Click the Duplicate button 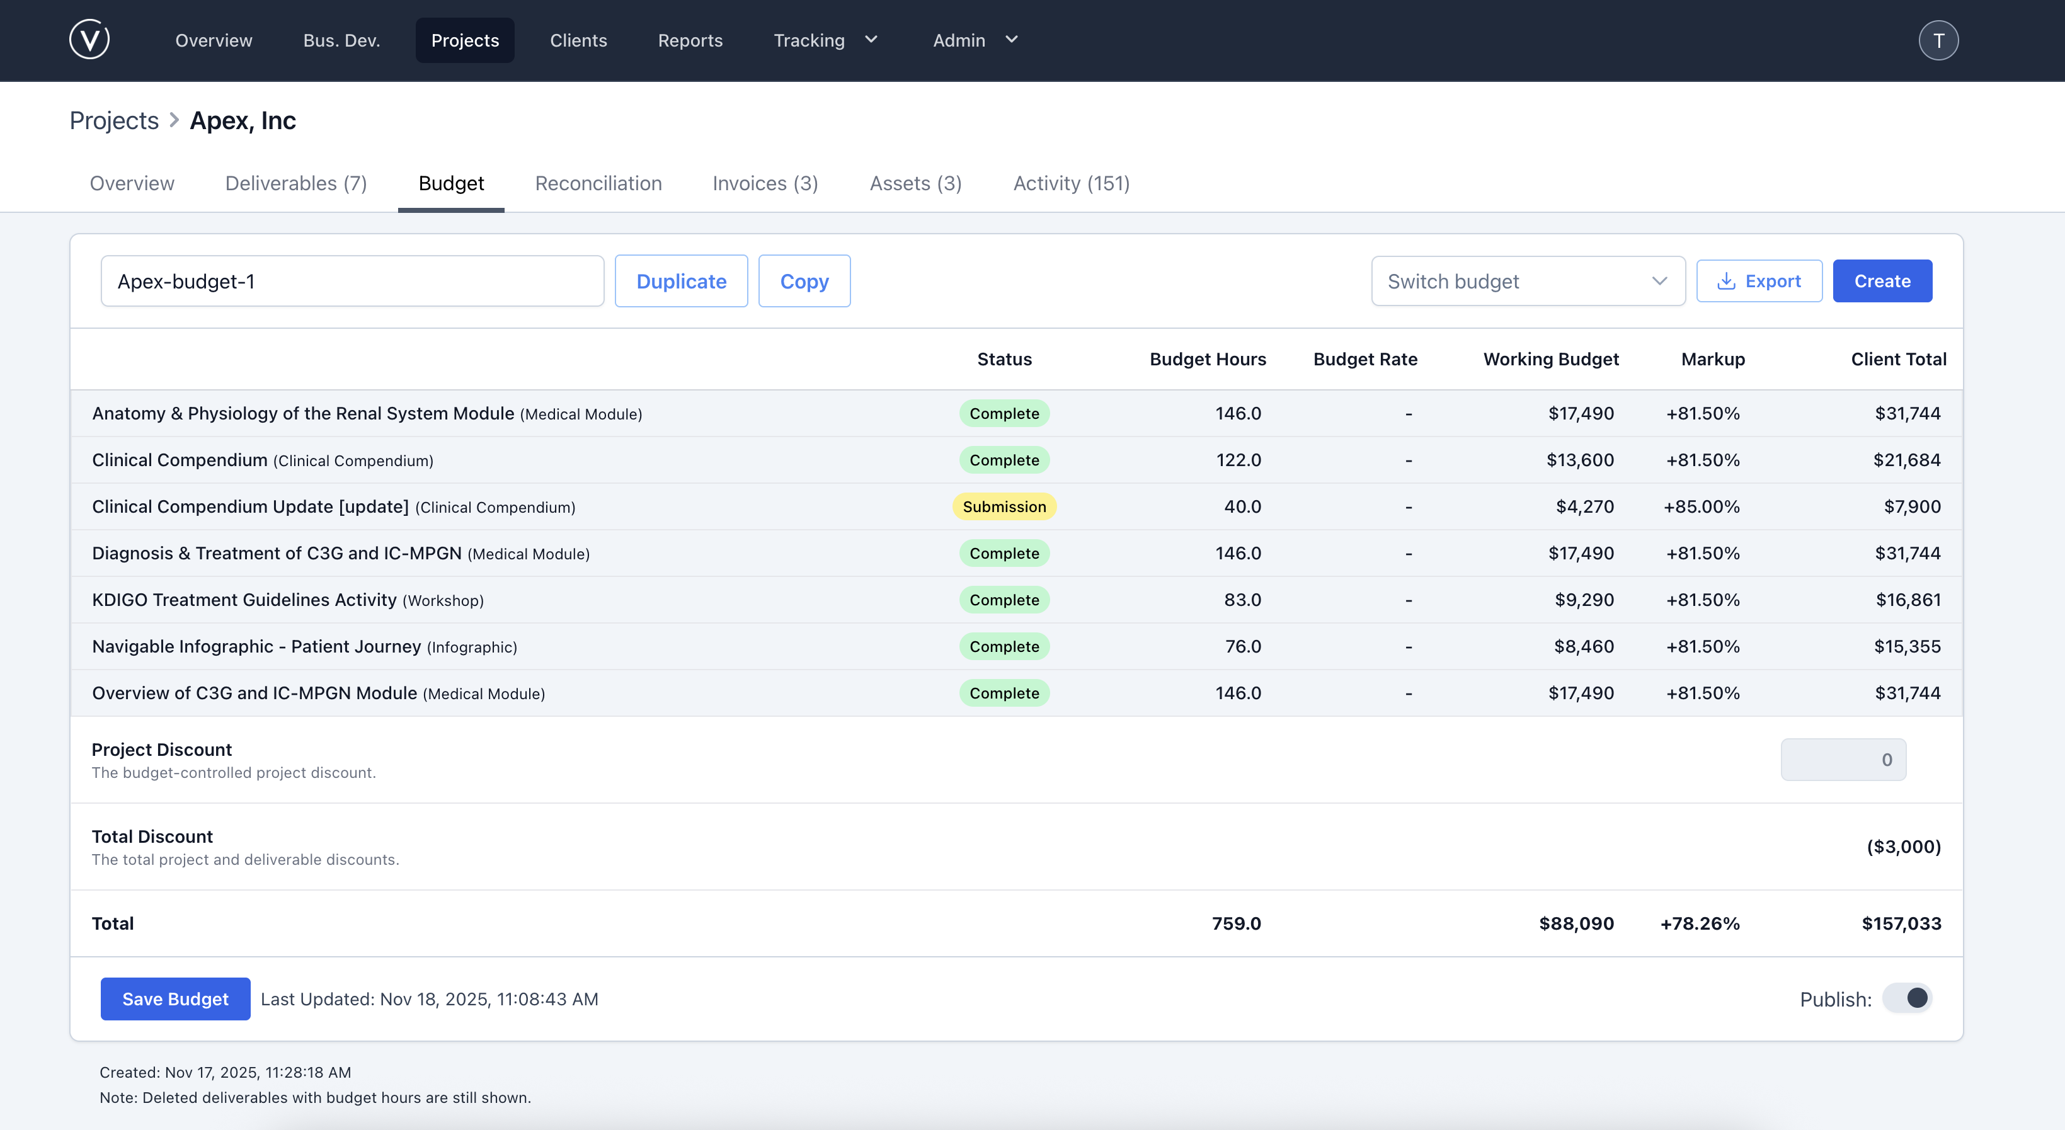pyautogui.click(x=680, y=282)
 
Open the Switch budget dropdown pyautogui.click(x=1527, y=282)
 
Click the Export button pyautogui.click(x=1759, y=282)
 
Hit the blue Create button pyautogui.click(x=1882, y=282)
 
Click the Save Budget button pyautogui.click(x=174, y=998)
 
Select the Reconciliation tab pyautogui.click(x=598, y=183)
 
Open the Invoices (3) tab pyautogui.click(x=765, y=183)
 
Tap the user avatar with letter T pyautogui.click(x=1938, y=40)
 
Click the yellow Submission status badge pyautogui.click(x=1004, y=506)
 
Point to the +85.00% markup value pyautogui.click(x=1701, y=506)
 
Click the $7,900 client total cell pyautogui.click(x=1912, y=506)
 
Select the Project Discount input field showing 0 pyautogui.click(x=1843, y=760)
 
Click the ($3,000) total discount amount pyautogui.click(x=1903, y=847)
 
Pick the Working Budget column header pyautogui.click(x=1550, y=359)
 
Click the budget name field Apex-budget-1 pyautogui.click(x=352, y=282)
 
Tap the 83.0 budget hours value pyautogui.click(x=1242, y=600)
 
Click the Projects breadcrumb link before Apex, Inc pyautogui.click(x=114, y=120)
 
